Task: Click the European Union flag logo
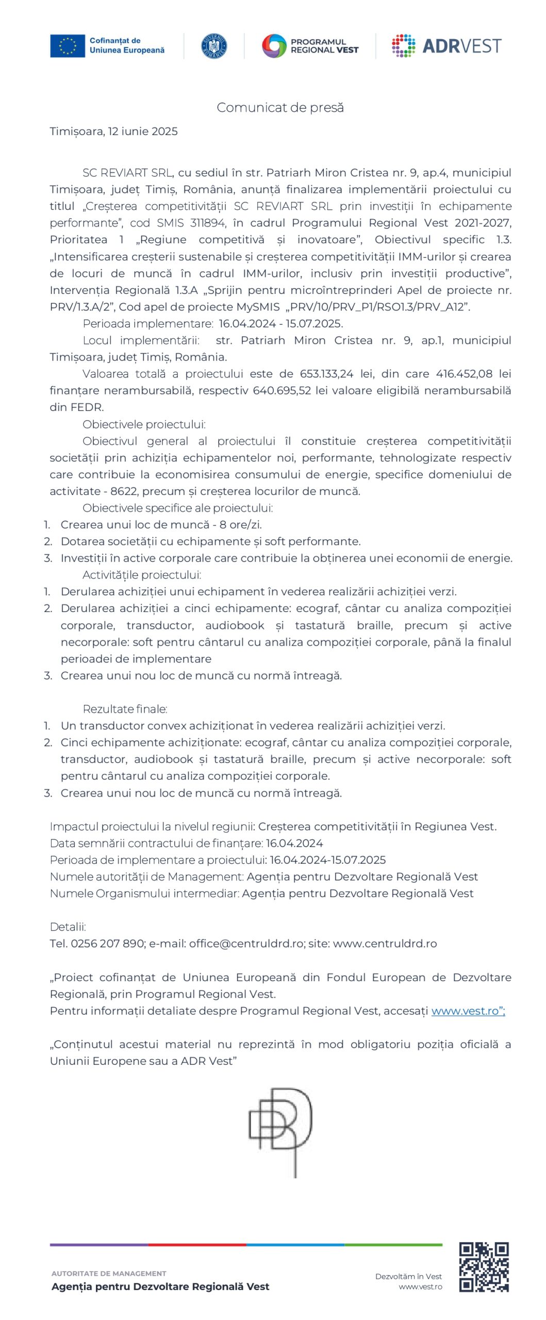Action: click(67, 46)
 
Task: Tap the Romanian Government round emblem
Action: click(213, 46)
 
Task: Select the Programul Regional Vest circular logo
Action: click(274, 46)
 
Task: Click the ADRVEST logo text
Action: click(461, 46)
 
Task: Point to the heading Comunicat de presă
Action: click(280, 108)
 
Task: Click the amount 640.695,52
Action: click(282, 390)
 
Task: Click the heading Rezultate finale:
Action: click(125, 709)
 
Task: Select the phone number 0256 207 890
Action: click(107, 943)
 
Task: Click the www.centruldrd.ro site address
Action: click(385, 943)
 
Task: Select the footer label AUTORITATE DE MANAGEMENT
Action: click(109, 1273)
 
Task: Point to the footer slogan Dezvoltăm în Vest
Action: click(408, 1276)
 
